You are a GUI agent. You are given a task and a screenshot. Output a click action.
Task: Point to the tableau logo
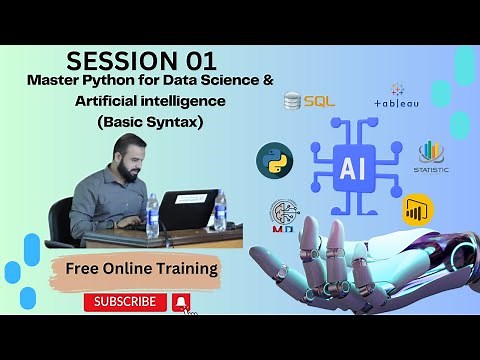(x=397, y=97)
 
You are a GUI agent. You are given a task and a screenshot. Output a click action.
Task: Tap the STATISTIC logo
(x=431, y=157)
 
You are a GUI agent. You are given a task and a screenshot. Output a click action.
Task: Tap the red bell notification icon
(x=181, y=301)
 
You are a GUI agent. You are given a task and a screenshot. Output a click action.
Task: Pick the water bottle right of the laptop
(x=219, y=212)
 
